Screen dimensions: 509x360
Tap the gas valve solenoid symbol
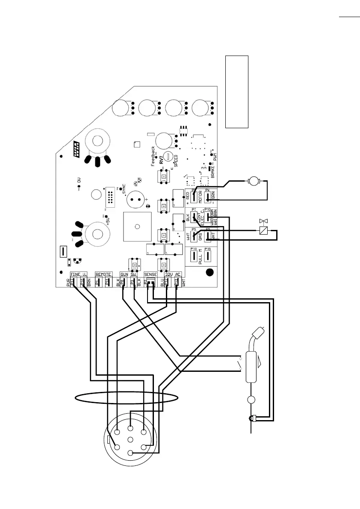pos(263,231)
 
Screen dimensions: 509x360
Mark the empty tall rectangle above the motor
pos(237,91)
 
